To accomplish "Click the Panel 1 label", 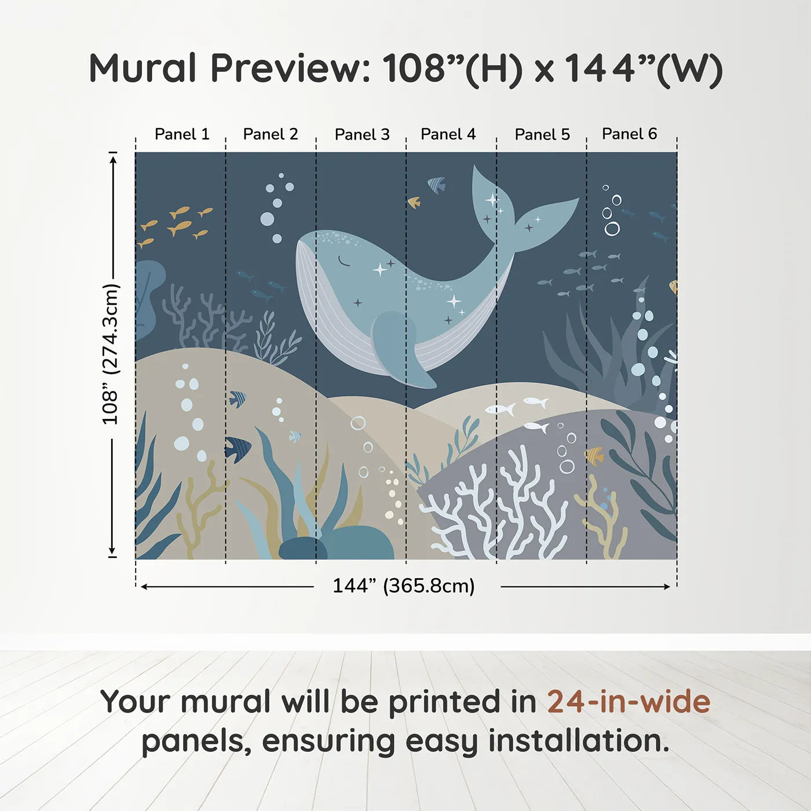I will (182, 134).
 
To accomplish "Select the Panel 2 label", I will (271, 134).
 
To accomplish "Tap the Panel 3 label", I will (362, 135).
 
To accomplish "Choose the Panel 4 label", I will (448, 134).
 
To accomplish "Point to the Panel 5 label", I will (542, 135).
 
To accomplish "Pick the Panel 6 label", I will (630, 134).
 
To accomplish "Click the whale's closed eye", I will (344, 262).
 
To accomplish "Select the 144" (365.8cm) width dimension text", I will (404, 586).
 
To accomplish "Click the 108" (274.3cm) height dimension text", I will (110, 354).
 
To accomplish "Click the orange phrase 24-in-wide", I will (629, 702).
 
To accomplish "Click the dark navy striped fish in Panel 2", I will (238, 448).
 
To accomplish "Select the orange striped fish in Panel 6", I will (594, 456).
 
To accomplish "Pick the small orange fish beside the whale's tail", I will (414, 202).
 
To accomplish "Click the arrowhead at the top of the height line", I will (114, 158).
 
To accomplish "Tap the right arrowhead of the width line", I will (667, 587).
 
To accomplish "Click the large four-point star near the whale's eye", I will (380, 269).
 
